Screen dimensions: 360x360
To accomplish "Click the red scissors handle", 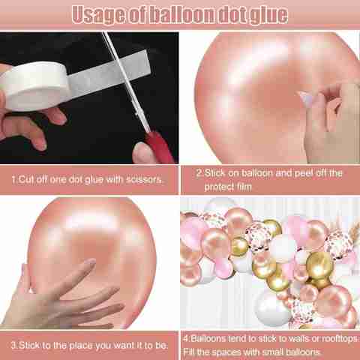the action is click(160, 147).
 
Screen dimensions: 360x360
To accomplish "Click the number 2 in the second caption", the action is click(199, 173).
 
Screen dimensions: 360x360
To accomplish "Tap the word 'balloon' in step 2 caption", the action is click(257, 173).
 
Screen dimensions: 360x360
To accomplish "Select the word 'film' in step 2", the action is click(244, 187).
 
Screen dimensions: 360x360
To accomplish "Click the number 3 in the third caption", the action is click(13, 345).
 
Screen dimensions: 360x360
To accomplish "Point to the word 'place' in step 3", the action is click(81, 346).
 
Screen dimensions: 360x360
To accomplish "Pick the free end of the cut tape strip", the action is click(147, 61).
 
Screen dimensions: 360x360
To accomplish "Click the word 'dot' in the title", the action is click(232, 15).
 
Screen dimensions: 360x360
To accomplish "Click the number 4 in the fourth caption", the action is click(186, 339).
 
